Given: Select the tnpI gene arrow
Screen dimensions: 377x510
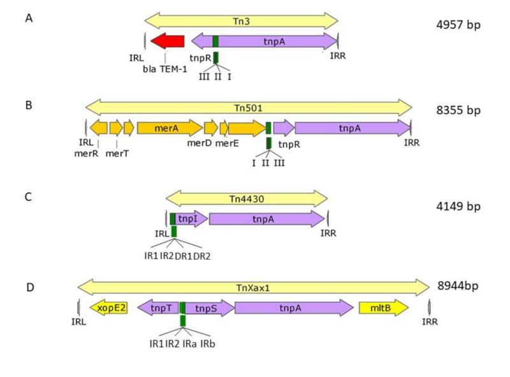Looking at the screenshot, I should point(191,219).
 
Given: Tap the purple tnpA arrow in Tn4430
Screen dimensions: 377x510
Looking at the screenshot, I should point(266,219).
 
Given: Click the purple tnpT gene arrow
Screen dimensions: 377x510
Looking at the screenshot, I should point(157,308).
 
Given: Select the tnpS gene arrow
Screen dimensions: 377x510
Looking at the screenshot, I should point(209,308).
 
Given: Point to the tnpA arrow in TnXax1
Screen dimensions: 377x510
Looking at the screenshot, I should point(294,308).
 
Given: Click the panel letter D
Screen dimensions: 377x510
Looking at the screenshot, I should point(30,288).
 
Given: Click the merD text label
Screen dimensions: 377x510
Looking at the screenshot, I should point(198,143).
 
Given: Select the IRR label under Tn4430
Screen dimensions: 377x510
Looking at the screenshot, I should point(328,233).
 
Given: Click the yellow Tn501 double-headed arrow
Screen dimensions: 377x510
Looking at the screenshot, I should point(249,107).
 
